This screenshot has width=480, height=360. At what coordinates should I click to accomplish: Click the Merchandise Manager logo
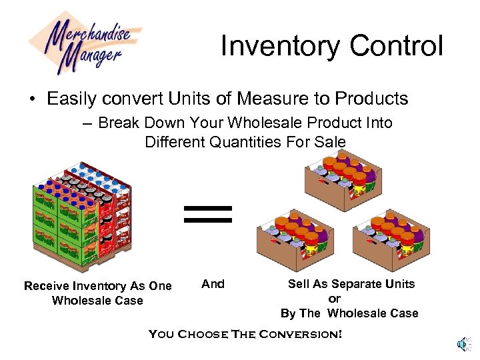point(85,41)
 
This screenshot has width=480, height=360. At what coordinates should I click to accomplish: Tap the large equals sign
point(208,213)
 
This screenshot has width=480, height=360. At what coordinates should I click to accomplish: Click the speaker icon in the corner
point(463,343)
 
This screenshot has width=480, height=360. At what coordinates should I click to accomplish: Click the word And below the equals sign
point(213,284)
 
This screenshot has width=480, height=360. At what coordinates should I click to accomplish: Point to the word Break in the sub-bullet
point(119,123)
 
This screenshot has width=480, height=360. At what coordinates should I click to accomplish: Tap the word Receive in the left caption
point(47,286)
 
